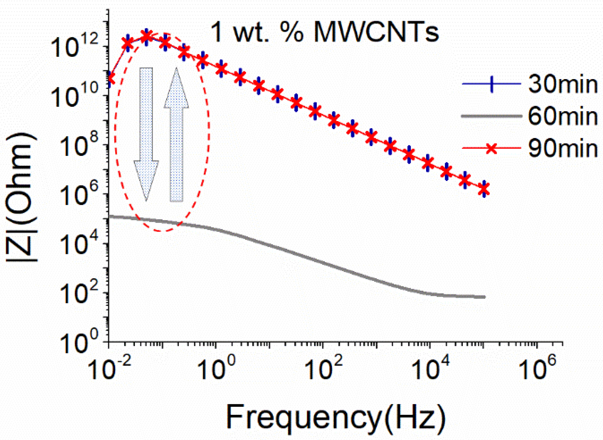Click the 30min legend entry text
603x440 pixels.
563,84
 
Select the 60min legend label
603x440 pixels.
563,116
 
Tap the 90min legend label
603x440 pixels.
563,148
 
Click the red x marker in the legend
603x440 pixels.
491,148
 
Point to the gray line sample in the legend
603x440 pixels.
491,116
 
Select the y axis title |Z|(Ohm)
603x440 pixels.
21,197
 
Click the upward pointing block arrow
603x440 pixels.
176,135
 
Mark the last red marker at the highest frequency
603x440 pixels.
484,189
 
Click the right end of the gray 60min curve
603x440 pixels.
484,297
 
